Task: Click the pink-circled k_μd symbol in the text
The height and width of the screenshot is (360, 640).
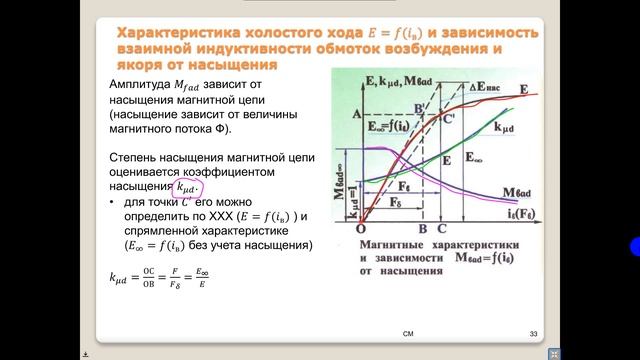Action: (x=187, y=187)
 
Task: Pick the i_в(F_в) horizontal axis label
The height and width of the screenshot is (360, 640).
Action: (x=509, y=213)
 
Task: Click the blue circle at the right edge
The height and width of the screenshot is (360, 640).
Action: (x=634, y=249)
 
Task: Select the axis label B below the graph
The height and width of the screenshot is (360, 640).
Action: (x=423, y=228)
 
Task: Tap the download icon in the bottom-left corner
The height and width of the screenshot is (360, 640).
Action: (x=86, y=353)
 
